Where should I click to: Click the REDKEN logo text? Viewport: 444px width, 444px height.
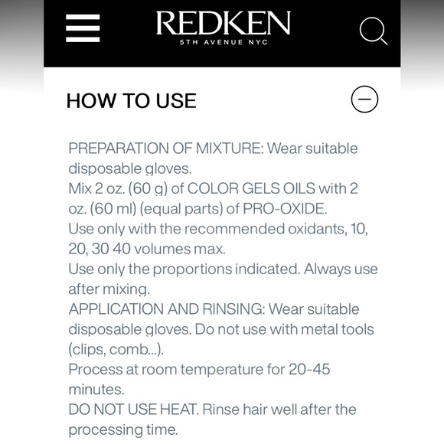pyautogui.click(x=224, y=23)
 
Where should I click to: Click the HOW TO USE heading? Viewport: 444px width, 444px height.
pyautogui.click(x=132, y=100)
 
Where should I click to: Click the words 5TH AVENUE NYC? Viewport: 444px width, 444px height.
pyautogui.click(x=224, y=43)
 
